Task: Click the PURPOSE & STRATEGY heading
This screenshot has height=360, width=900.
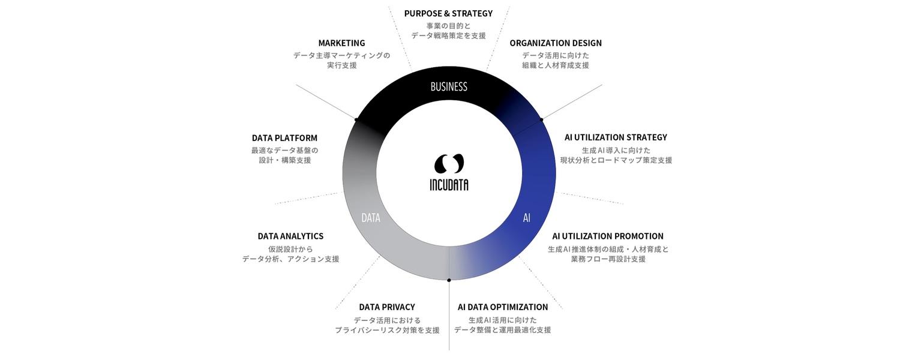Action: pyautogui.click(x=448, y=14)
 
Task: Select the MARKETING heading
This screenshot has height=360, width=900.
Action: pyautogui.click(x=341, y=43)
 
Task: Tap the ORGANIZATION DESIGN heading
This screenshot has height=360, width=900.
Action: pyautogui.click(x=556, y=43)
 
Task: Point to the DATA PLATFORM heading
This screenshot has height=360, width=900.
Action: pyautogui.click(x=284, y=138)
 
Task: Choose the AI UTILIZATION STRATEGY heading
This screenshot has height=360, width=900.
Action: pyautogui.click(x=616, y=137)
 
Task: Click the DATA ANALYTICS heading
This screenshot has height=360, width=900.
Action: pyautogui.click(x=290, y=236)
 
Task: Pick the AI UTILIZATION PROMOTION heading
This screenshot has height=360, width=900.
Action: pyautogui.click(x=607, y=236)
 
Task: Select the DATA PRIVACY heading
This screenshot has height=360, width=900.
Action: pyautogui.click(x=387, y=307)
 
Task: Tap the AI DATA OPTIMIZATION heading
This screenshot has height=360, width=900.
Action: pyautogui.click(x=503, y=307)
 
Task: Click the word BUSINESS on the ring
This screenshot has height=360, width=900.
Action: pyautogui.click(x=449, y=87)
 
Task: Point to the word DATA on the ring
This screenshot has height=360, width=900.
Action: pyautogui.click(x=370, y=218)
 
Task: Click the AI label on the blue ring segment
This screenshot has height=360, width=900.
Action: pyautogui.click(x=526, y=218)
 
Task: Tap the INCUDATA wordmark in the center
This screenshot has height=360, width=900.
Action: pyautogui.click(x=449, y=185)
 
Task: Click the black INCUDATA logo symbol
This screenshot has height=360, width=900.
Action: pyautogui.click(x=449, y=164)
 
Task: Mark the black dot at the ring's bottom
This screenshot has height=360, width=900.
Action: pyautogui.click(x=449, y=280)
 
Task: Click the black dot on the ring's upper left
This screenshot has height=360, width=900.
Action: pyautogui.click(x=356, y=119)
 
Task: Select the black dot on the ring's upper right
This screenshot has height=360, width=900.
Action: pyautogui.click(x=542, y=120)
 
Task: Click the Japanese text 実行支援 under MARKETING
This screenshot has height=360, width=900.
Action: pyautogui.click(x=341, y=65)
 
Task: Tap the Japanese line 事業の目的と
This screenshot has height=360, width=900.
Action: pyautogui.click(x=448, y=26)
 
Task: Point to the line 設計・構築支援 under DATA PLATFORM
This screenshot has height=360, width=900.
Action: pyautogui.click(x=285, y=161)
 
